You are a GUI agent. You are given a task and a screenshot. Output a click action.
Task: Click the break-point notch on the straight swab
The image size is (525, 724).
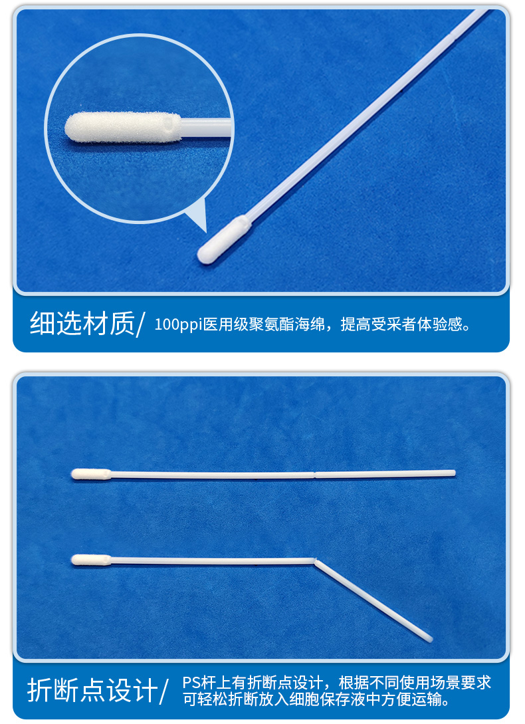pos(314,474)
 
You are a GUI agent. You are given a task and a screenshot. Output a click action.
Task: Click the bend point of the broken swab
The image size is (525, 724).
pos(315,560)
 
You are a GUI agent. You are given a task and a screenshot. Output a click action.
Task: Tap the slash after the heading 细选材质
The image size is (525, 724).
pos(140,325)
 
